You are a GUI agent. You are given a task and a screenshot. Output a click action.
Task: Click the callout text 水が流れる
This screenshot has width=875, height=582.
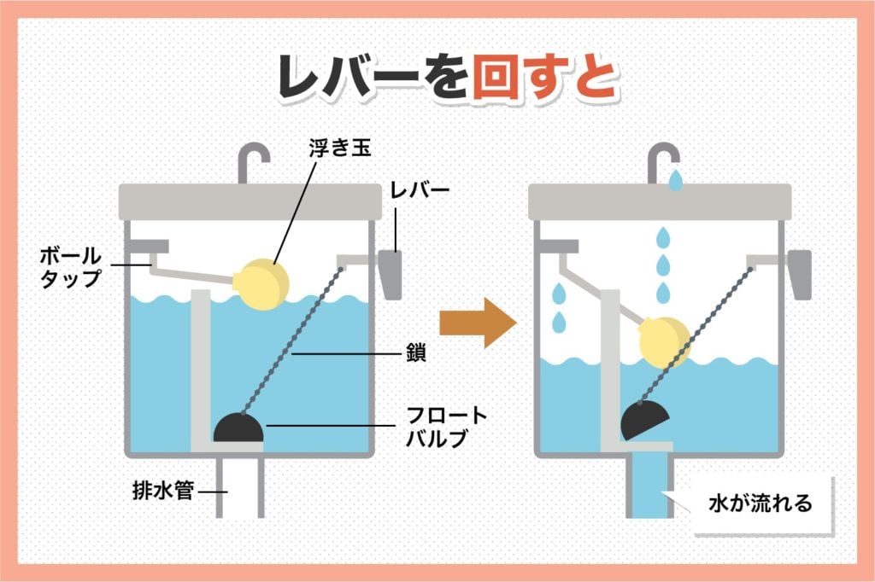point(760,503)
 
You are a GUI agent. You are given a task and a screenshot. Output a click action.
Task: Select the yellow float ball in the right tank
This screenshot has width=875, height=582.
point(664,342)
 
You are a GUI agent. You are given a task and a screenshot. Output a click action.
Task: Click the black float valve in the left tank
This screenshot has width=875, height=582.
point(239,428)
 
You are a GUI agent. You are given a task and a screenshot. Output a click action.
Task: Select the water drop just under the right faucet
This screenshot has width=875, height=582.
point(676,180)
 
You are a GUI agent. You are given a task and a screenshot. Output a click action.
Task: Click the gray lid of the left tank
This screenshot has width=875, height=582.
point(249,201)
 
